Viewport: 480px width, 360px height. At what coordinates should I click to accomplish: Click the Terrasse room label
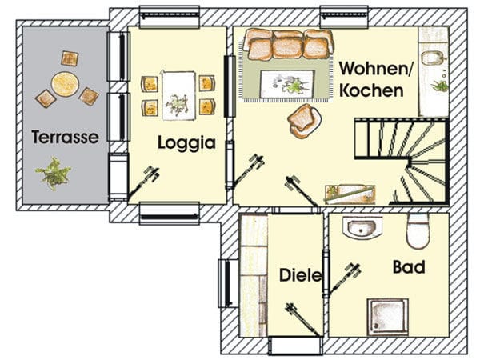[x=65, y=137]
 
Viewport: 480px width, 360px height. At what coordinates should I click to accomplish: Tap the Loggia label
[x=186, y=143]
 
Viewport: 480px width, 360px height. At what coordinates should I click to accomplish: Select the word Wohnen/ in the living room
[x=376, y=69]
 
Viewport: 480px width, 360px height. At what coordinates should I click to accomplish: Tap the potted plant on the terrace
[x=54, y=173]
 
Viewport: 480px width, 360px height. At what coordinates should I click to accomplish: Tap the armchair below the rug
[x=305, y=121]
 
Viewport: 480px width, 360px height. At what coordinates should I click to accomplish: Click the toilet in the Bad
[x=418, y=231]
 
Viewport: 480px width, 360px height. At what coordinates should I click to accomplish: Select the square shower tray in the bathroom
[x=388, y=316]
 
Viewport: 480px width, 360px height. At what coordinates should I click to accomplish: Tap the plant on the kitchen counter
[x=439, y=84]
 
